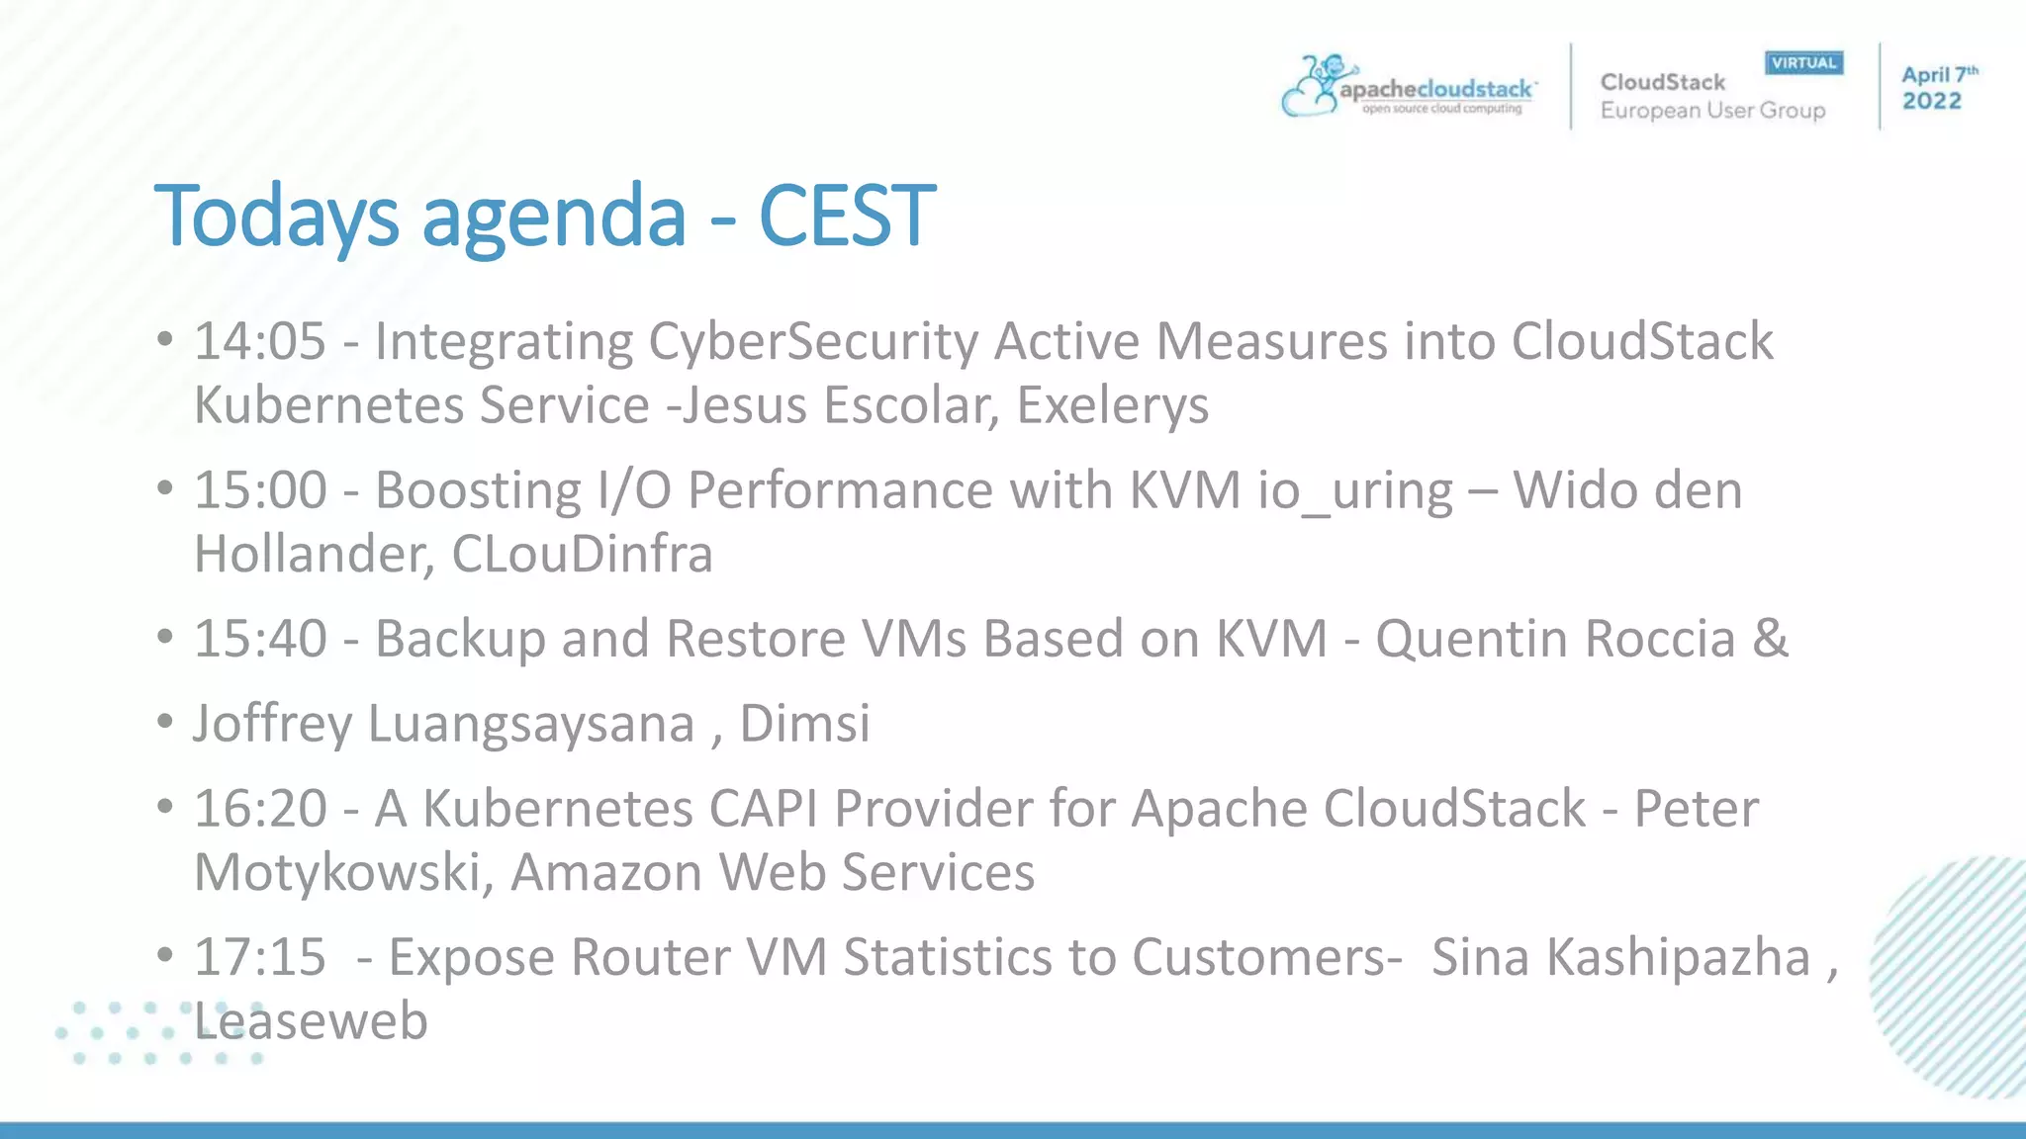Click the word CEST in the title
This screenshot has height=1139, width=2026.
[x=847, y=216]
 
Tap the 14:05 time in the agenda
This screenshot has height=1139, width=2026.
[x=260, y=342]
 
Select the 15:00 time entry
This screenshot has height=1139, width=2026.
[x=260, y=490]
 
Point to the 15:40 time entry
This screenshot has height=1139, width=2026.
[x=260, y=639]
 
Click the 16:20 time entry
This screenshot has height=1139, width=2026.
[x=260, y=809]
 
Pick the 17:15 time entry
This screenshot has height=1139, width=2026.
[x=260, y=957]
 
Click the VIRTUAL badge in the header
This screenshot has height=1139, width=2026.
[x=1803, y=63]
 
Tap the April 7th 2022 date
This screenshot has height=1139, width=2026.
[x=1937, y=88]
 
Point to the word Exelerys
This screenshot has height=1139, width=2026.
[x=1112, y=405]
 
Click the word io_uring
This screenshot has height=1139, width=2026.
[x=1355, y=491]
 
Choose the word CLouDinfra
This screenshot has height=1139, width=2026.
[x=582, y=554]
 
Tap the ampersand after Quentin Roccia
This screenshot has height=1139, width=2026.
[x=1770, y=639]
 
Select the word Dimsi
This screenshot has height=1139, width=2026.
[x=804, y=724]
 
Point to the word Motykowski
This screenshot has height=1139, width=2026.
[x=337, y=873]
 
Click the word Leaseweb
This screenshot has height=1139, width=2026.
[x=311, y=1020]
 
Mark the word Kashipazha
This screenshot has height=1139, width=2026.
[x=1678, y=958]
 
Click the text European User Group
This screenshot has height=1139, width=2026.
[x=1712, y=111]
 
